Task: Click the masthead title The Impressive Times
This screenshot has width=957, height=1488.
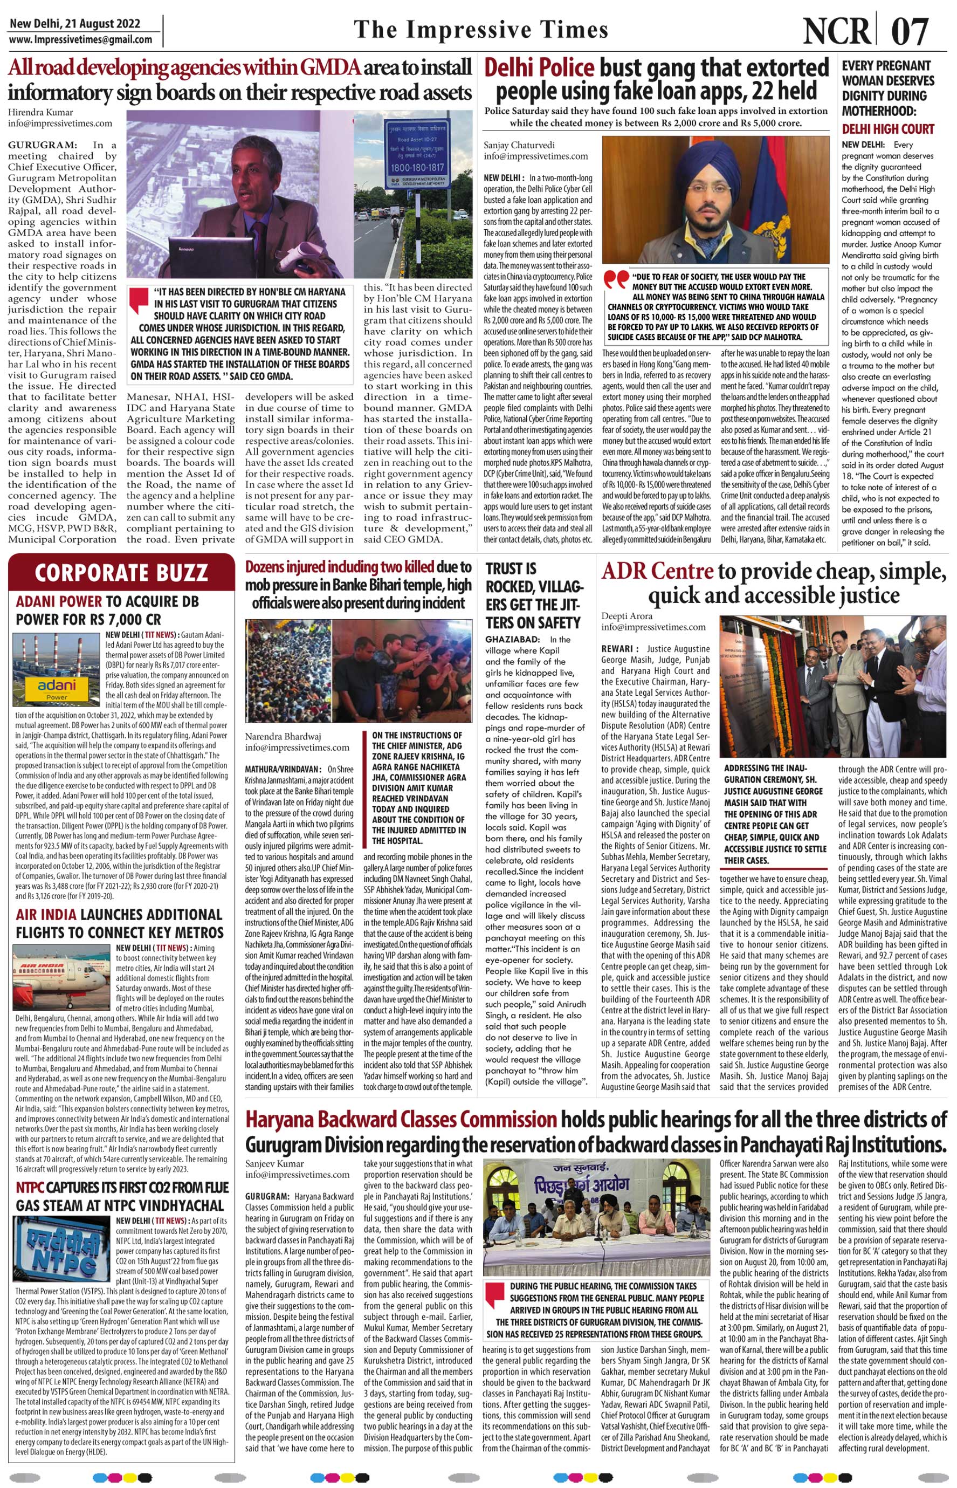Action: [480, 30]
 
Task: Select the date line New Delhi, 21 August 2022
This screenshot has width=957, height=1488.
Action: [74, 24]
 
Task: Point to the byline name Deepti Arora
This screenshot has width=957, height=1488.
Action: [627, 616]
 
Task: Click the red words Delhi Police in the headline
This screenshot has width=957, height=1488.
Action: [539, 67]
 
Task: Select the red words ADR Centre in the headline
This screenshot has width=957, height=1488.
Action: [657, 571]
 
